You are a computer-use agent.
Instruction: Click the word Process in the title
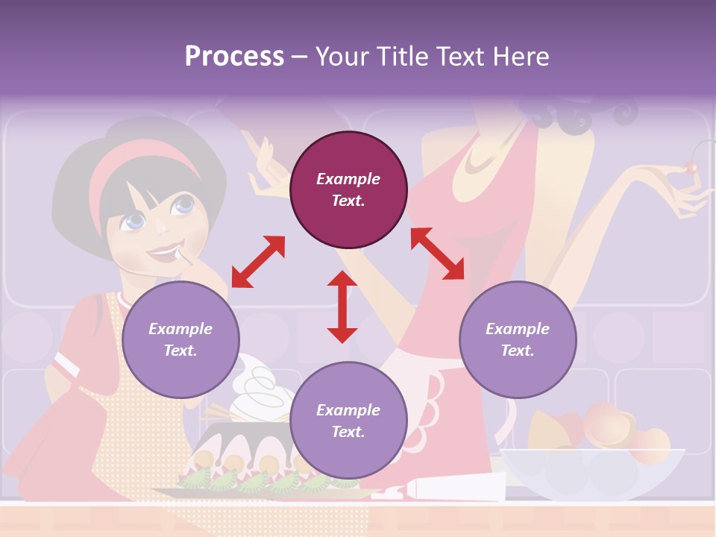[x=234, y=57]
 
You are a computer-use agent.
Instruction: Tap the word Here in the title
[x=519, y=57]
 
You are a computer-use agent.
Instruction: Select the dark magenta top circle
[x=348, y=190]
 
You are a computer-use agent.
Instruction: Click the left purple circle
[x=180, y=339]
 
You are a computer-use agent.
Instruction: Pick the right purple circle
[x=518, y=339]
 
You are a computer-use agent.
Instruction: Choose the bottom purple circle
[x=348, y=420]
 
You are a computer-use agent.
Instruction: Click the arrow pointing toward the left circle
[x=258, y=261]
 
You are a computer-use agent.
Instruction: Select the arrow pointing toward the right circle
[x=438, y=254]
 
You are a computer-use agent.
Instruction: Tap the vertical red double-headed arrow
[x=342, y=307]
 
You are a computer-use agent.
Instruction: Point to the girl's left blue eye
[x=135, y=221]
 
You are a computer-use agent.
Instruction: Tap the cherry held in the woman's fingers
[x=691, y=168]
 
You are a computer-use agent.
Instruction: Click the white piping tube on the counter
[x=447, y=491]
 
